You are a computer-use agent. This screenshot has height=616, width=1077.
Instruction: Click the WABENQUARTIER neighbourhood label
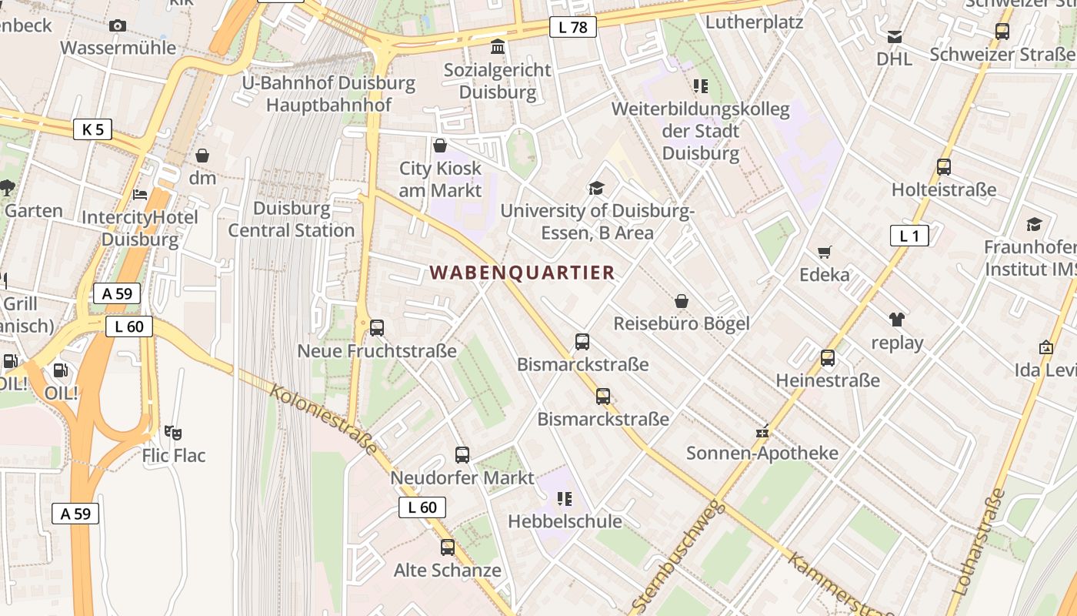[x=522, y=273]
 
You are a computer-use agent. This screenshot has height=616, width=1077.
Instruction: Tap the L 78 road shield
[x=573, y=28]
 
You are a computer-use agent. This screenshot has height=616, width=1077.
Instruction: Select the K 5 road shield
[x=92, y=129]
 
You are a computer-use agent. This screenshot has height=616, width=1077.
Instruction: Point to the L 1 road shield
[x=909, y=236]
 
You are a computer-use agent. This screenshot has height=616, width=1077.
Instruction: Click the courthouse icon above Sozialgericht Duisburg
[x=498, y=48]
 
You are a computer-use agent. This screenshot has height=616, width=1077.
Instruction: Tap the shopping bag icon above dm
[x=202, y=156]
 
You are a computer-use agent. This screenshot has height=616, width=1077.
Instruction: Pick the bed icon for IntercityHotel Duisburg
[x=140, y=195]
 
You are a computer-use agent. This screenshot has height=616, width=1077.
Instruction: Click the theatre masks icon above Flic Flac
[x=173, y=434]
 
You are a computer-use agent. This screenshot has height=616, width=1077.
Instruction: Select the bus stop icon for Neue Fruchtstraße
[x=377, y=328]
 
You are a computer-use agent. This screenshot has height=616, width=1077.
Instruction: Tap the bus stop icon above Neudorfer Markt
[x=462, y=455]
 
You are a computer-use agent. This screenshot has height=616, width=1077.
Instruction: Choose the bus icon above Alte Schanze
[x=448, y=547]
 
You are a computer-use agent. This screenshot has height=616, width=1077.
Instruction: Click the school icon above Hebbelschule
[x=565, y=499]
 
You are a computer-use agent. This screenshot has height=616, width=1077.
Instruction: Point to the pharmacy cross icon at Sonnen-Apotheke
[x=762, y=431]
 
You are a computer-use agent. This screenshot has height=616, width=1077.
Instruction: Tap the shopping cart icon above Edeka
[x=825, y=252]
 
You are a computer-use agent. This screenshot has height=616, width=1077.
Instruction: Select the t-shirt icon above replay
[x=897, y=320]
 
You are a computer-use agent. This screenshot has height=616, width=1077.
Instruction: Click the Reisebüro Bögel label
[x=681, y=323]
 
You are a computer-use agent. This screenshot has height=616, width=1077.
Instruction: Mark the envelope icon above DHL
[x=895, y=37]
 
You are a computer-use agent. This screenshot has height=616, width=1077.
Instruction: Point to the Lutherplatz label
[x=754, y=22]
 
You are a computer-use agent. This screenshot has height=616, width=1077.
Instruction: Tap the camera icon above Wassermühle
[x=118, y=26]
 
